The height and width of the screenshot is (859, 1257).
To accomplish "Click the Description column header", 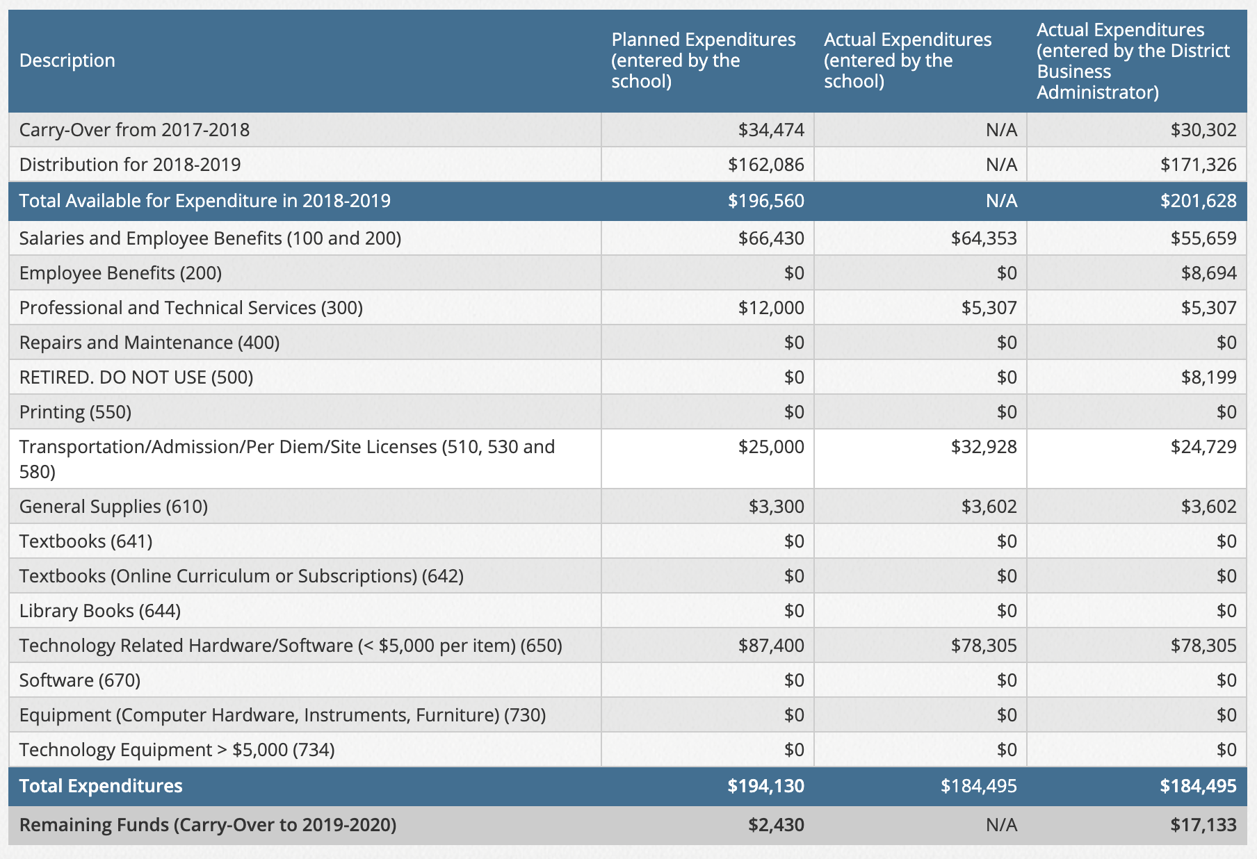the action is tap(67, 60).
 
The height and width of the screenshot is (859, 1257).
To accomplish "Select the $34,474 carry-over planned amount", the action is tap(771, 130).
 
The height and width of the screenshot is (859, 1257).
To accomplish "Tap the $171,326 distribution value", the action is tap(1199, 165).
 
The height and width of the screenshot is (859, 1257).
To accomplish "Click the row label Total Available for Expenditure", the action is tap(205, 201).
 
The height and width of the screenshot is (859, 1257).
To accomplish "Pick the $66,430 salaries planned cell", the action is tap(771, 238).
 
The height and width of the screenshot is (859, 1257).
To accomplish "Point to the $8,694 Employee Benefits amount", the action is tap(1209, 273).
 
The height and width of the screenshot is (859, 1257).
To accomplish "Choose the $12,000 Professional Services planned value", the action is tap(771, 308).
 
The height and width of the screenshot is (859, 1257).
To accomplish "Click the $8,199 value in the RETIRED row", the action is tap(1209, 377).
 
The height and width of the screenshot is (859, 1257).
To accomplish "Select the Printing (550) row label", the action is tap(76, 412).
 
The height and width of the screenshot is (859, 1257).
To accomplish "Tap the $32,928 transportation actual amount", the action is tap(984, 447).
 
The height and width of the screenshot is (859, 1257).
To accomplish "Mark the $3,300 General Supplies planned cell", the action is tap(777, 507).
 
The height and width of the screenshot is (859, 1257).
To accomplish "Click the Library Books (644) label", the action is tap(100, 611).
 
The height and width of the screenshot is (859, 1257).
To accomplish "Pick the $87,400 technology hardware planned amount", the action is tap(771, 646).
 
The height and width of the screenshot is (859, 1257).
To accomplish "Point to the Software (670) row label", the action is tap(80, 680).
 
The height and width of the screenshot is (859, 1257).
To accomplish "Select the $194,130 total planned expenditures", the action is tap(766, 786).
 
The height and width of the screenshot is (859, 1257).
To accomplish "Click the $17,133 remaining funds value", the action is tap(1203, 825).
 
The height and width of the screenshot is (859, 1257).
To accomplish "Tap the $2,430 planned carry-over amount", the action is tap(777, 825).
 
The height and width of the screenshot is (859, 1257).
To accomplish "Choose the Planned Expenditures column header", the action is tap(704, 60).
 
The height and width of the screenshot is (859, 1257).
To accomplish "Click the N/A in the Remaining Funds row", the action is tap(1001, 825).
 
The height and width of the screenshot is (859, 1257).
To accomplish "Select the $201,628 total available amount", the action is tap(1199, 201).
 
